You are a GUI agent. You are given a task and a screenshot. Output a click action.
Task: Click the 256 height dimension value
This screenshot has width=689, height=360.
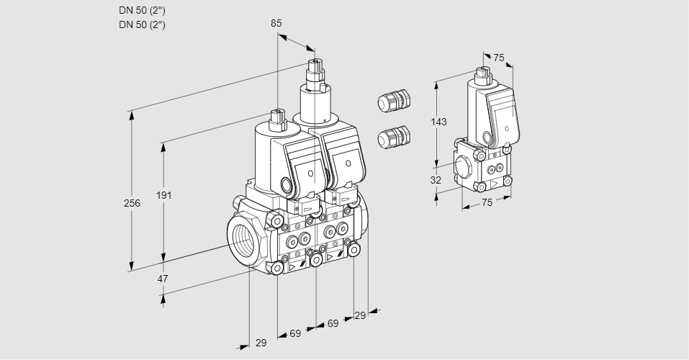[132, 204]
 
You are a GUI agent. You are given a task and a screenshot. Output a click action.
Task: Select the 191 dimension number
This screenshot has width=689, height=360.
[165, 195]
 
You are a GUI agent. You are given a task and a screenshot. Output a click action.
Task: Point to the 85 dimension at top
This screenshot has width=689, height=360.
[276, 23]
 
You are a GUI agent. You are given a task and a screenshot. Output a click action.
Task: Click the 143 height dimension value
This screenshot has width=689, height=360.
[438, 122]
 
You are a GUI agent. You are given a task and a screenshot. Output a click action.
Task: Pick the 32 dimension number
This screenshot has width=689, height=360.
[436, 180]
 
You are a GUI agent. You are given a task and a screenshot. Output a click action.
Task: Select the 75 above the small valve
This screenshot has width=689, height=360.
[499, 58]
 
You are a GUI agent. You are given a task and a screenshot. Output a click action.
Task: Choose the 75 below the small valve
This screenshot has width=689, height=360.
[487, 203]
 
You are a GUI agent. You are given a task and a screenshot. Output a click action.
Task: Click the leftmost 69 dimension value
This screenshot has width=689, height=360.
[295, 333]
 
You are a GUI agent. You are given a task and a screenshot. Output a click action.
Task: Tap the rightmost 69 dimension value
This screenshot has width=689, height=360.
[333, 323]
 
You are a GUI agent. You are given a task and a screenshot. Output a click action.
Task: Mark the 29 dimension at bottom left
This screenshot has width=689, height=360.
[261, 343]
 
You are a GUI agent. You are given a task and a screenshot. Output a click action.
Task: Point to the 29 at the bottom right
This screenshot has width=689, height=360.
[360, 315]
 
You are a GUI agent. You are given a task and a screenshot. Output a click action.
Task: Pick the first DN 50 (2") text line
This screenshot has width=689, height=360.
[142, 11]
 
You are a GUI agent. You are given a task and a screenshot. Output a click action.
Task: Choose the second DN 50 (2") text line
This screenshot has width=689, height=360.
[142, 25]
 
